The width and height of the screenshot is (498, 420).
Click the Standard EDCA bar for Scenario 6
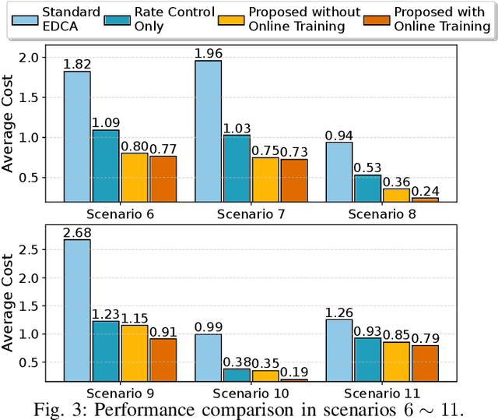[77, 136]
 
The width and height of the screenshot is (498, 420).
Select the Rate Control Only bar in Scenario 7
[237, 168]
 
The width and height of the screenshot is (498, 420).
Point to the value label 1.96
[209, 54]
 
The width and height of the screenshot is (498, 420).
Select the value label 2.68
[77, 232]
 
